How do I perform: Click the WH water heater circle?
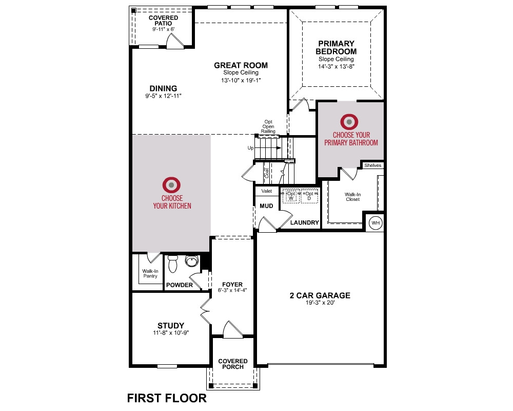[x=376, y=223]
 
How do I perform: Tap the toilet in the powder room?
[x=172, y=264]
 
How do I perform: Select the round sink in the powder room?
[x=192, y=261]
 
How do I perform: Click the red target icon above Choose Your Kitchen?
[x=171, y=185]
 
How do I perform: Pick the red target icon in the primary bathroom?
[x=349, y=122]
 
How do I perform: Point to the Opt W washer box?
[x=291, y=196]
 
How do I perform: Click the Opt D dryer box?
[x=309, y=196]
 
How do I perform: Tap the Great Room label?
[x=241, y=65]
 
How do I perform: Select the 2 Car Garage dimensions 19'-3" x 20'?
[x=320, y=303]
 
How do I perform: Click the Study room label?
[x=171, y=325]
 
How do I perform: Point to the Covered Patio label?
[x=163, y=21]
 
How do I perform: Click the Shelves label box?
[x=372, y=165]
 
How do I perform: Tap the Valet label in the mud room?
[x=267, y=191]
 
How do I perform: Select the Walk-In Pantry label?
[x=150, y=273]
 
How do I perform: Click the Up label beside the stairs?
[x=251, y=148]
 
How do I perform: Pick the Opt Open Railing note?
[x=268, y=126]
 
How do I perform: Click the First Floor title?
[x=167, y=398]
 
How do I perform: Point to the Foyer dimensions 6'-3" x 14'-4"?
[x=232, y=290]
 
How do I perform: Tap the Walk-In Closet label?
[x=353, y=197]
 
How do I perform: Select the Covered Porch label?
[x=233, y=364]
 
